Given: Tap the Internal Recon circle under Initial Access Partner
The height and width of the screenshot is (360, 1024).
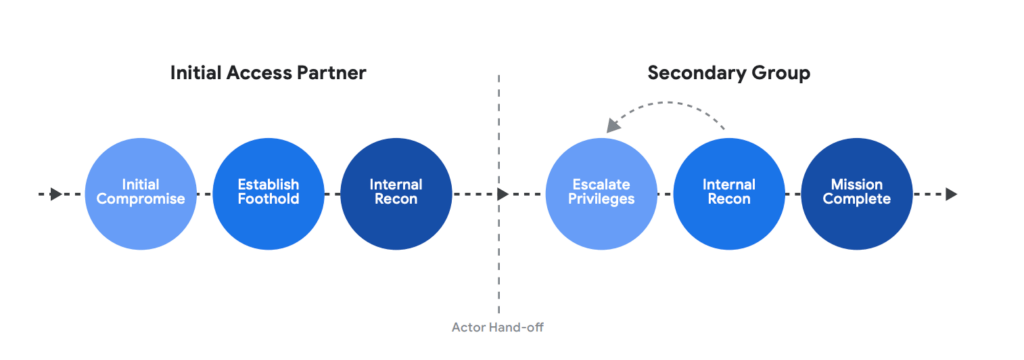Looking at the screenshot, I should [x=396, y=193].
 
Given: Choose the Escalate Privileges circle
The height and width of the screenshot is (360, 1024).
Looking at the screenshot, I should [x=602, y=193].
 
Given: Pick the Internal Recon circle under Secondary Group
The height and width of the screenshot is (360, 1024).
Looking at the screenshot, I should [x=729, y=193].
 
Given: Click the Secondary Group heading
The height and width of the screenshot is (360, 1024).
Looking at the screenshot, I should [x=729, y=73].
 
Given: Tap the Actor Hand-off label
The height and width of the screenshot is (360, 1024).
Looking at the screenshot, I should [x=499, y=326].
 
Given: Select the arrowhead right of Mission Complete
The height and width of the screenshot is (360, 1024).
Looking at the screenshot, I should [x=951, y=194].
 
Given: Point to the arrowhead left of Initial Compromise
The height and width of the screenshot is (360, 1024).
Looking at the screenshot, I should [x=57, y=194].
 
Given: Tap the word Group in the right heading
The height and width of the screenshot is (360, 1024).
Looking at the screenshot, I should [x=783, y=73].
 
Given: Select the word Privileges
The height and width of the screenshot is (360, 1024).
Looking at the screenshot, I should [x=602, y=200].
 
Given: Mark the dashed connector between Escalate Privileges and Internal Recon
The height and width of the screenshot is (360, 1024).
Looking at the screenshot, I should [x=666, y=194].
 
